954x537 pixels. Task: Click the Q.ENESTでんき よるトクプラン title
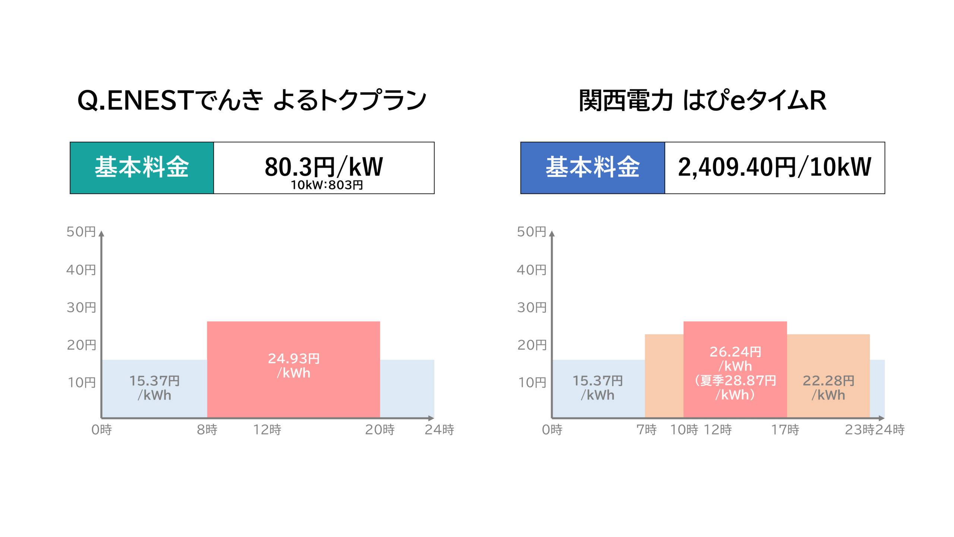(252, 101)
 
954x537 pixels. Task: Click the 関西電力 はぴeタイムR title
(702, 101)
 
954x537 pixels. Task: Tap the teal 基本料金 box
(142, 168)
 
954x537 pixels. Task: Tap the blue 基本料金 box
(593, 168)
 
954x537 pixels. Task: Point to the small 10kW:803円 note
(326, 185)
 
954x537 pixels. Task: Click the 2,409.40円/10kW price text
(774, 167)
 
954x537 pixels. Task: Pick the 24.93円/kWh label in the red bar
(294, 365)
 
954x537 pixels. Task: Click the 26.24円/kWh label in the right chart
(735, 358)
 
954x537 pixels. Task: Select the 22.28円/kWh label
(828, 388)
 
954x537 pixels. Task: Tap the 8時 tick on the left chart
(207, 430)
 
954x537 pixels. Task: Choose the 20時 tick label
(380, 430)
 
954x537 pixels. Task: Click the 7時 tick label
(647, 430)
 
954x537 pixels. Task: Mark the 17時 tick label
(785, 430)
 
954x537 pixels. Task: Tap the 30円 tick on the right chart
(532, 307)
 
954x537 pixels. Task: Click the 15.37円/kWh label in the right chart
(598, 388)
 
